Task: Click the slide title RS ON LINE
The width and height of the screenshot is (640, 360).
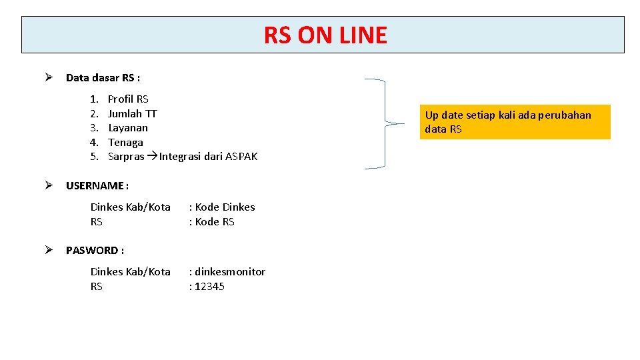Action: pyautogui.click(x=325, y=35)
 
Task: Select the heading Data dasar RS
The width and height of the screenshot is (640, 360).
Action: pyautogui.click(x=103, y=78)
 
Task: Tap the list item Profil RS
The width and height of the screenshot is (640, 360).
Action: pyautogui.click(x=128, y=99)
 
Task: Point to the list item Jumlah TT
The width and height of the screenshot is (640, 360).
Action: pyautogui.click(x=132, y=113)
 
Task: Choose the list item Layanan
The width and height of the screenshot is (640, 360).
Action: pyautogui.click(x=128, y=128)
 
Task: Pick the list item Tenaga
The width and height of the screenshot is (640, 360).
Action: pyautogui.click(x=125, y=143)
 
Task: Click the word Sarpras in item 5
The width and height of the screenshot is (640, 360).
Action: pyautogui.click(x=125, y=157)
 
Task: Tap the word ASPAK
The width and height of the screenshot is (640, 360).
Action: pyautogui.click(x=241, y=157)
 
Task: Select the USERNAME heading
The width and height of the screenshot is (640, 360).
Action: pyautogui.click(x=97, y=185)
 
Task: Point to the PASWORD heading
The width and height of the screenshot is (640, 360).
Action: pyautogui.click(x=95, y=251)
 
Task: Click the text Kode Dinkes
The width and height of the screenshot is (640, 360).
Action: pyautogui.click(x=225, y=207)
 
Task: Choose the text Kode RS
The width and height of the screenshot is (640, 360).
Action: pyautogui.click(x=215, y=222)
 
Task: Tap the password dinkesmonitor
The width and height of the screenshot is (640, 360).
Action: pyautogui.click(x=230, y=272)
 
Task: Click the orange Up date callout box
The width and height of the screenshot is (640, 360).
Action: pyautogui.click(x=515, y=122)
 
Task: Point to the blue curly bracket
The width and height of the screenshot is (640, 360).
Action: pyautogui.click(x=385, y=123)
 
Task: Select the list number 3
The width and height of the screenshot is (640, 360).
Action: pyautogui.click(x=95, y=128)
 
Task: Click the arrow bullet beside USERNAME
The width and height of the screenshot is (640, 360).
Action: pyautogui.click(x=49, y=185)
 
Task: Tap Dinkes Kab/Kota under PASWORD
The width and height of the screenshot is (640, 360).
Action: pyautogui.click(x=130, y=272)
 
